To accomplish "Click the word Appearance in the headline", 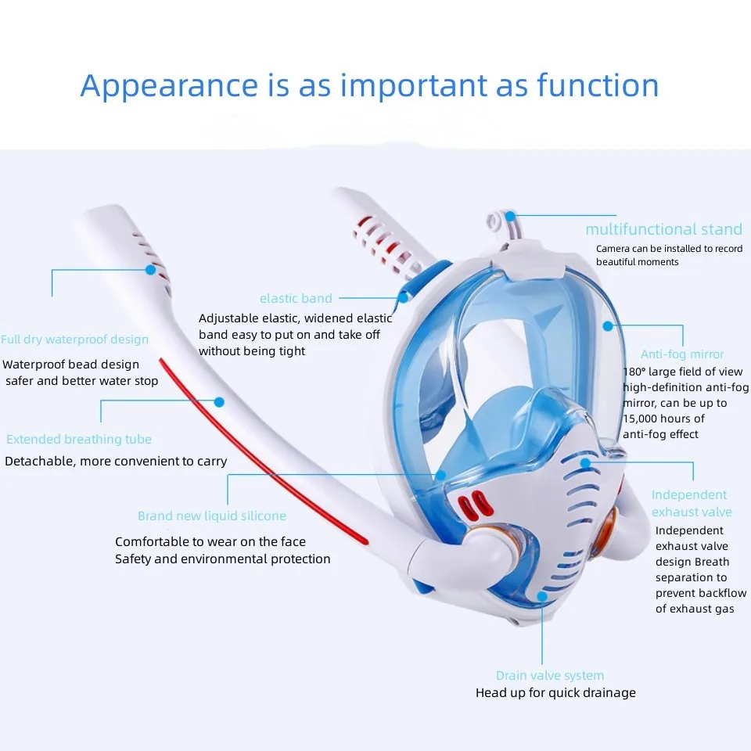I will [168, 86].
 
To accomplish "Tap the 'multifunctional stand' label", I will [663, 229].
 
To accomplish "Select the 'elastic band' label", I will [296, 298].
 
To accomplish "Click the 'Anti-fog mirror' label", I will [682, 354].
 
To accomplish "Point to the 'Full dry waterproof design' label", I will [74, 340].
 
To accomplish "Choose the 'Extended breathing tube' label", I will [79, 439].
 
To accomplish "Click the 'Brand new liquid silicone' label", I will [212, 516].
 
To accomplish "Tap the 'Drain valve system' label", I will [550, 675].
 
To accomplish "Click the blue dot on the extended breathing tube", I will [219, 401].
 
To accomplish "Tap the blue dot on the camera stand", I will [510, 215].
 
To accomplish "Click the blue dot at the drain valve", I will [541, 596].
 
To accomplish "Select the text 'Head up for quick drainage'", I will [555, 692].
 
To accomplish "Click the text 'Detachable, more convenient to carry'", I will [116, 461].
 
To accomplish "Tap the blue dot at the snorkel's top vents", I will [151, 270].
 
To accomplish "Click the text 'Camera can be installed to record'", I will [669, 249].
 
